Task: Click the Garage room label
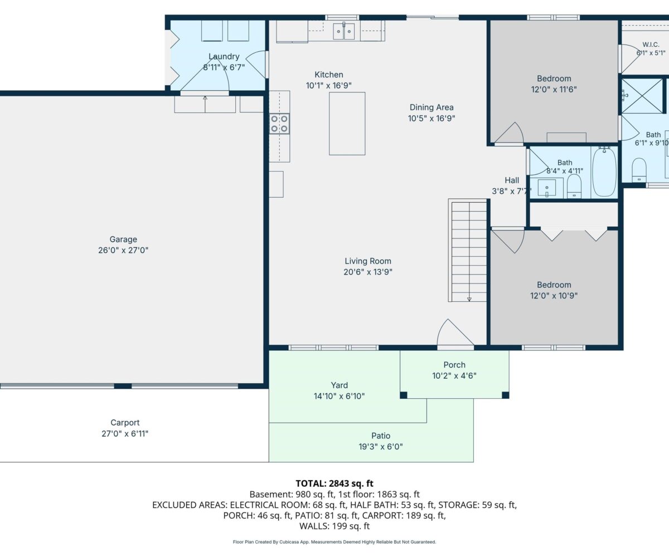(123, 239)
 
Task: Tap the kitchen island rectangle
(347, 124)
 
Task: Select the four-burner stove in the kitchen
(279, 124)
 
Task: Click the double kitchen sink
(344, 31)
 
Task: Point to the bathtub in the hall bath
(604, 172)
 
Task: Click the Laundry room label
(224, 56)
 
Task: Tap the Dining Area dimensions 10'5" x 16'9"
(432, 118)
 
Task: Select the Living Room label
(368, 261)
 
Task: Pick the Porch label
(454, 365)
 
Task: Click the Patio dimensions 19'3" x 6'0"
(381, 446)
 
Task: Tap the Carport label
(125, 423)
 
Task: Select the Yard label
(340, 385)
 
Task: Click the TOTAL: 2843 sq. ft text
(334, 483)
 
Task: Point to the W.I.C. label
(651, 45)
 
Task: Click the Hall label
(512, 180)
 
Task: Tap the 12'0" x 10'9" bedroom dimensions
(554, 295)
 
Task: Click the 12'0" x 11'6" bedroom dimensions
(554, 89)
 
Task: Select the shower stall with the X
(642, 96)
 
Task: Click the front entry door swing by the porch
(455, 333)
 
